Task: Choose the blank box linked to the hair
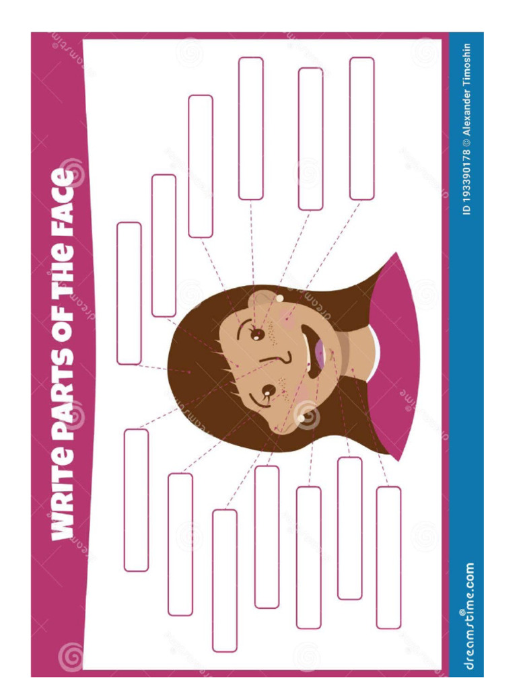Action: pos(129,293)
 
